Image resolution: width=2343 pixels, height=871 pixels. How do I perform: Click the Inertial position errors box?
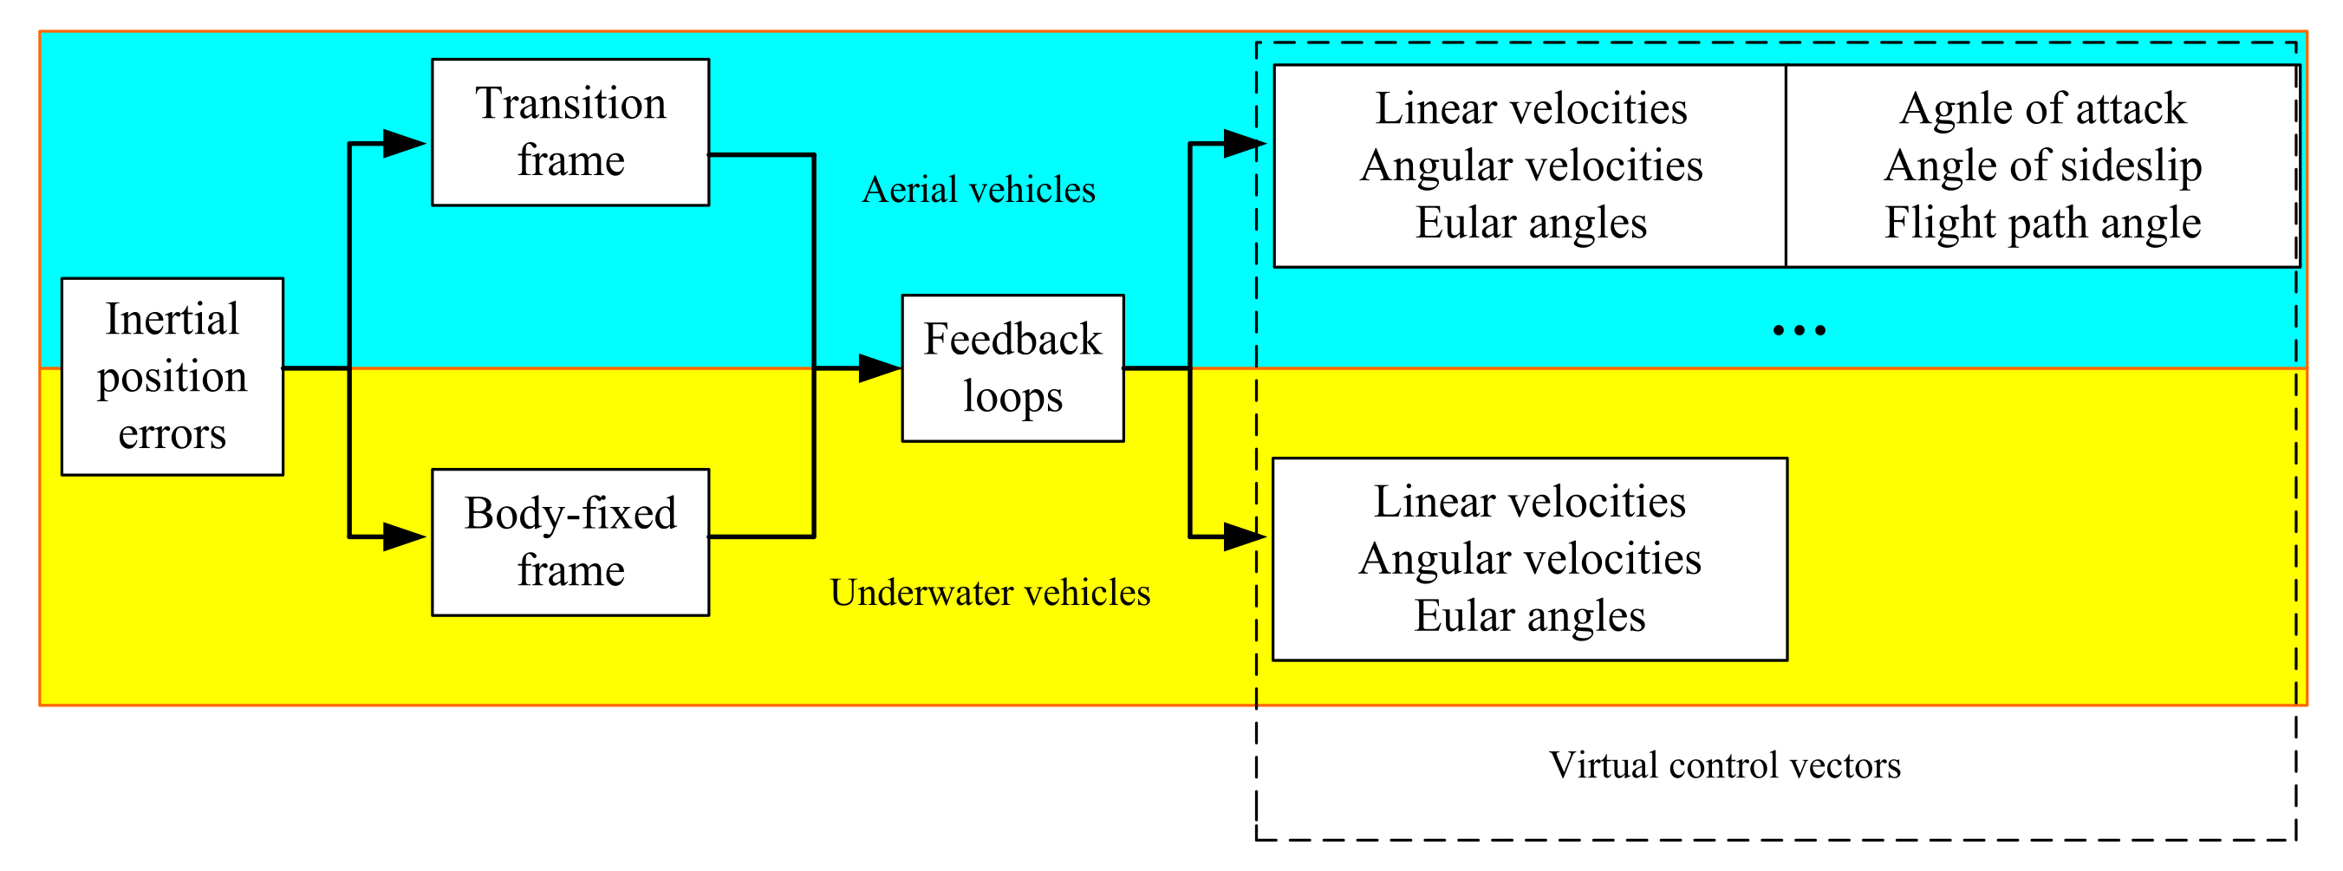coord(172,376)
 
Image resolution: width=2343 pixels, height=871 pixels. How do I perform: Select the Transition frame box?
coord(570,133)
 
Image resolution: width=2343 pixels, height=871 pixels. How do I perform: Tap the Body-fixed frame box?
coord(570,543)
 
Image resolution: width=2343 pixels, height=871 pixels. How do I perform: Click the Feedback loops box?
coord(1012,368)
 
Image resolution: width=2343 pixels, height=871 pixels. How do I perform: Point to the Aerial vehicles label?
coord(978,190)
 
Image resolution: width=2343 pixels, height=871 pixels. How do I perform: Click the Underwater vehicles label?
coord(990,593)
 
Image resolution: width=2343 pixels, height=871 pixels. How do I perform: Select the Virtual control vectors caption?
coord(1724,765)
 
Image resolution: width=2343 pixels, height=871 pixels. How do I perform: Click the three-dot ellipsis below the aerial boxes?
coord(1800,330)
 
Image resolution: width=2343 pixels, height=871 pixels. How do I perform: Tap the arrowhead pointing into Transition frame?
coord(404,144)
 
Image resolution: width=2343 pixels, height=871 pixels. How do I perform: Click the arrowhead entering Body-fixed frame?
coord(404,537)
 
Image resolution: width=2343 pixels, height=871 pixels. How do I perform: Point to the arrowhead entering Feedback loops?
coord(879,368)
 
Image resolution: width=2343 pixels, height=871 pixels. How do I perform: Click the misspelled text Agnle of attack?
coord(2042,108)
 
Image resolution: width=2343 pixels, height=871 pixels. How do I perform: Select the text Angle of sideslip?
coord(2042,166)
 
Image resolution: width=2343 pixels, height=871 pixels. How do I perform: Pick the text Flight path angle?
coord(2042,223)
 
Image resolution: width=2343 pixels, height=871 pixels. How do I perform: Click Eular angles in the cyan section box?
coord(1531,223)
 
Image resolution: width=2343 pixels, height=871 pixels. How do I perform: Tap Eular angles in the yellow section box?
coord(1529,616)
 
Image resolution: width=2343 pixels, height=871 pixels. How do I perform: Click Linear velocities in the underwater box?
coord(1529,502)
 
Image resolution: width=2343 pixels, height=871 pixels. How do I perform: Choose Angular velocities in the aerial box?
coord(1531,166)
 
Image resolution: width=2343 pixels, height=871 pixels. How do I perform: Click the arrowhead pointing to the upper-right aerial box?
coord(1243,144)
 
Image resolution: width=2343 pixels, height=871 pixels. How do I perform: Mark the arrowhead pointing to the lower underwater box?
coord(1243,537)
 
